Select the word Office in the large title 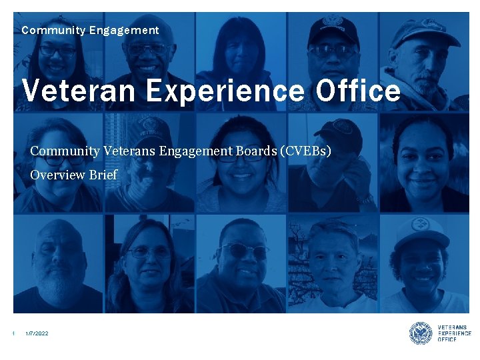point(358,91)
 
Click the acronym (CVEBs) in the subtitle point(307,151)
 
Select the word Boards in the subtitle point(257,151)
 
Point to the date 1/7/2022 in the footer point(37,333)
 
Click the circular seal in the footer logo point(421,333)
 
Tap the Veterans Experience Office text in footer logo point(454,333)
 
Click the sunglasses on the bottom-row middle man point(243,250)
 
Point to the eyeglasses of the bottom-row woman point(148,251)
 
